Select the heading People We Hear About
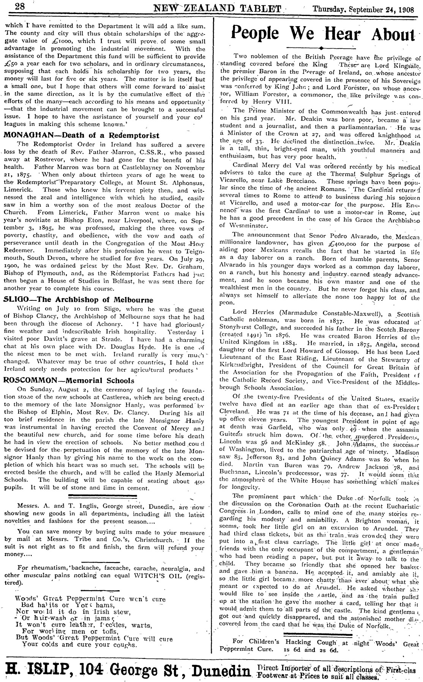(x=321, y=34)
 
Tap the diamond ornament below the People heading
(x=321, y=48)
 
